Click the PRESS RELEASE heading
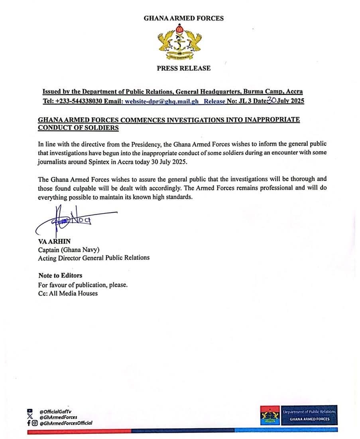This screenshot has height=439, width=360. (183, 68)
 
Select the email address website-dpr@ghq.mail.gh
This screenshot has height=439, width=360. (161, 101)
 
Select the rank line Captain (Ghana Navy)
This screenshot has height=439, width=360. (69, 250)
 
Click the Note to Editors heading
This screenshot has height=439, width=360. (60, 275)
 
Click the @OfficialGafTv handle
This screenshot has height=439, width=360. (55, 411)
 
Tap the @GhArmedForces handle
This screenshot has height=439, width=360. (58, 417)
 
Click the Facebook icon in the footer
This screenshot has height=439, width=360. (29, 423)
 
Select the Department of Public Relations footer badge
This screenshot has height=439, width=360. (299, 415)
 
